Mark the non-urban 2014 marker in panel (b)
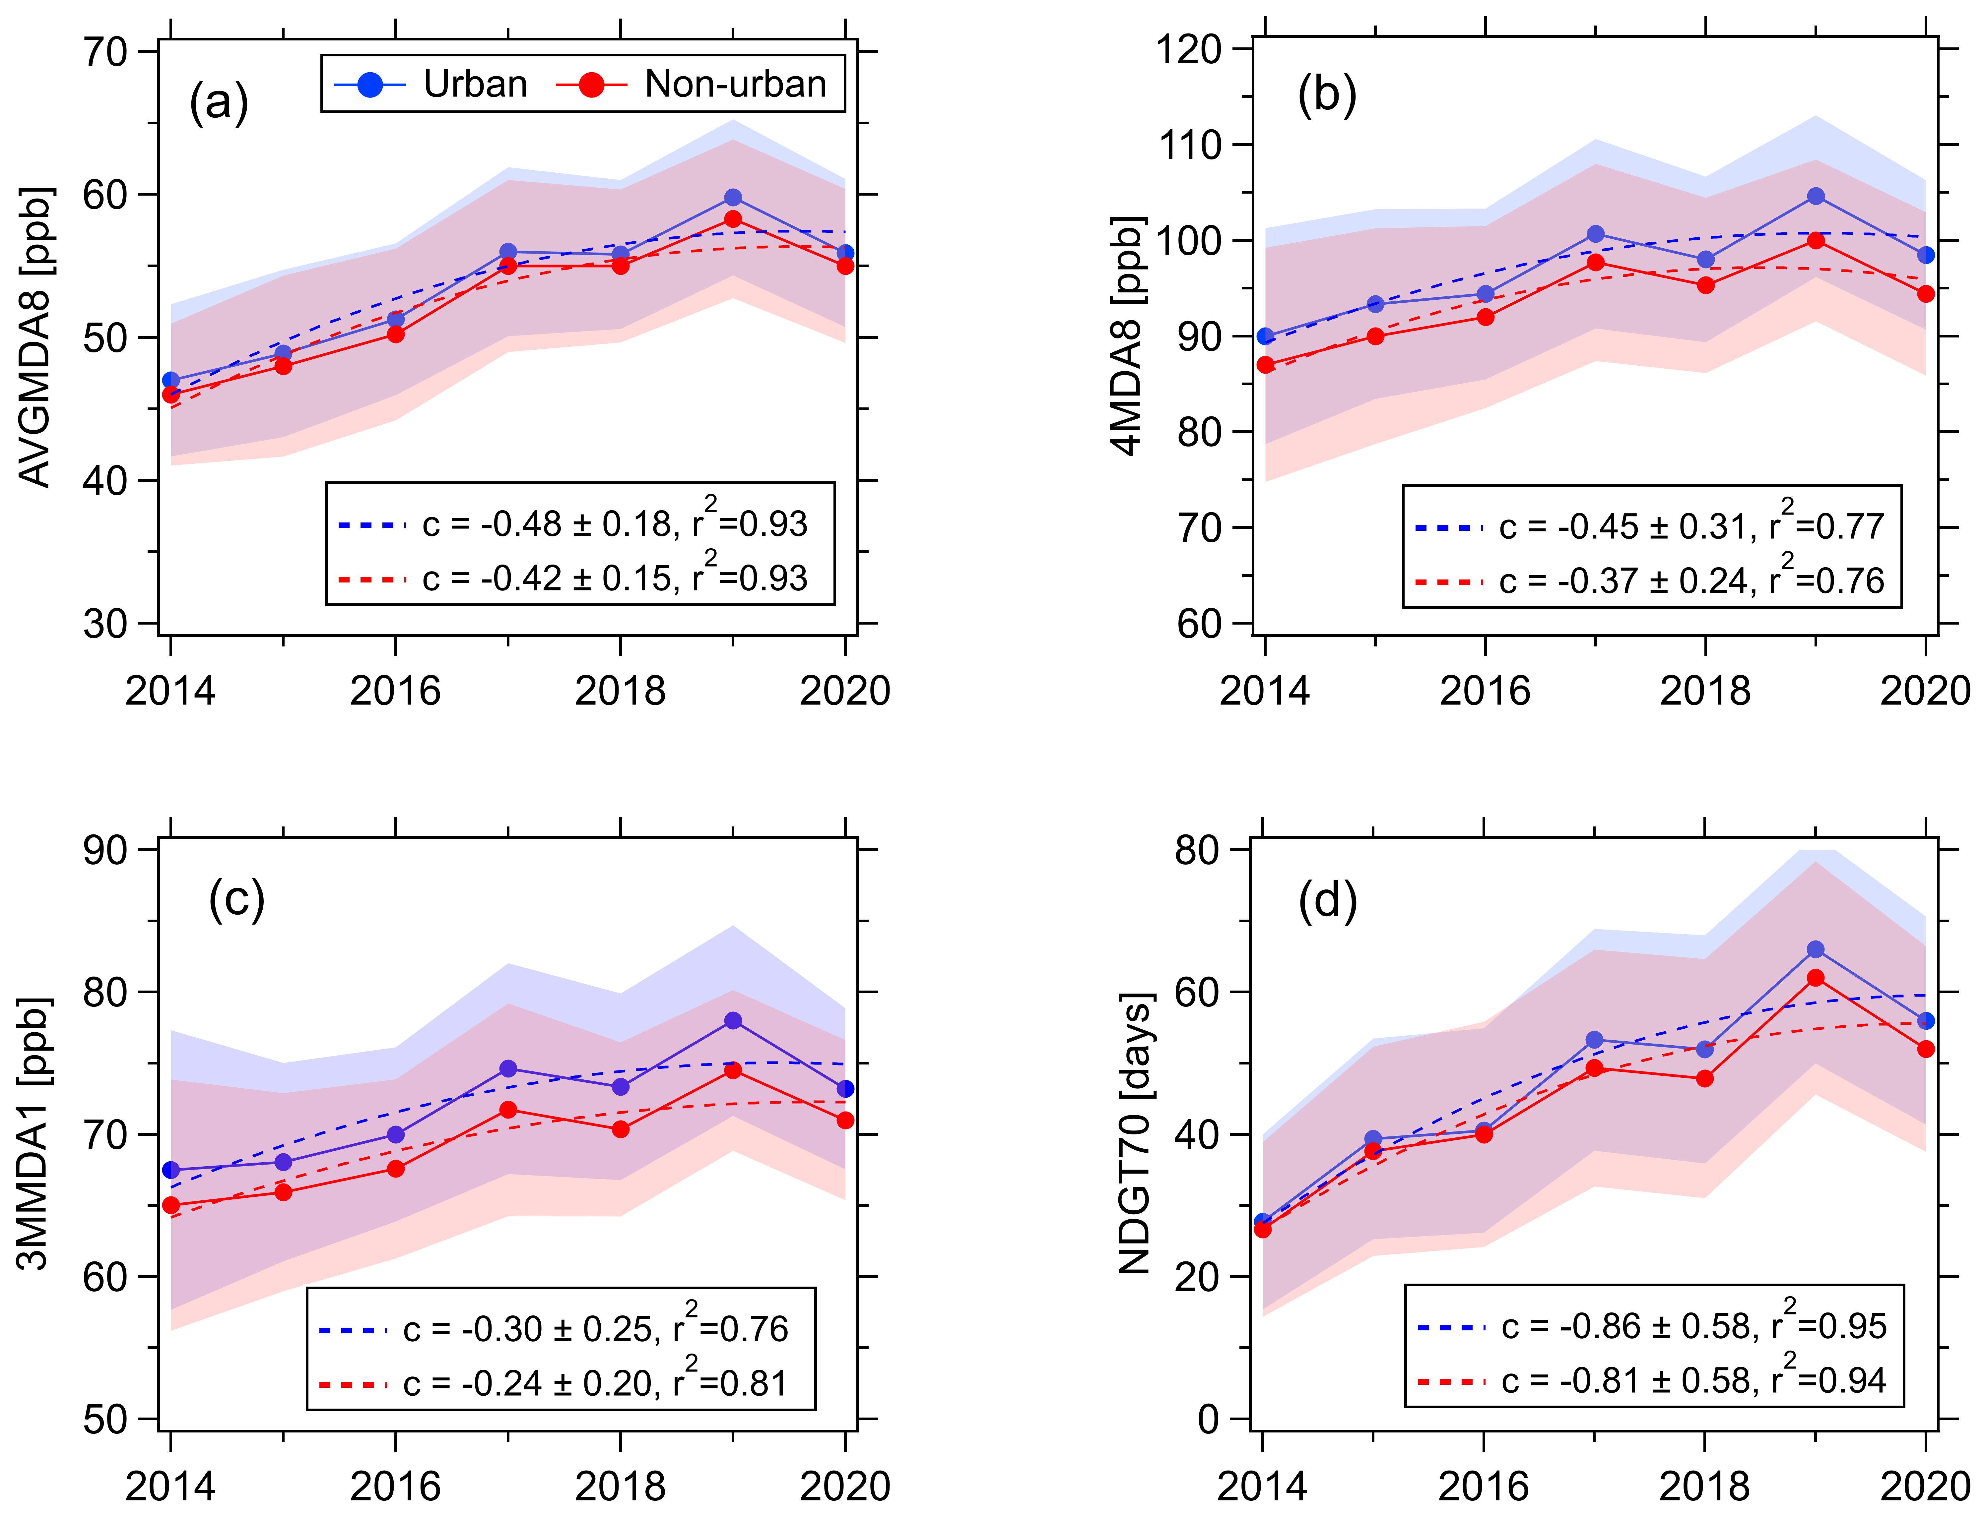[1265, 365]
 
